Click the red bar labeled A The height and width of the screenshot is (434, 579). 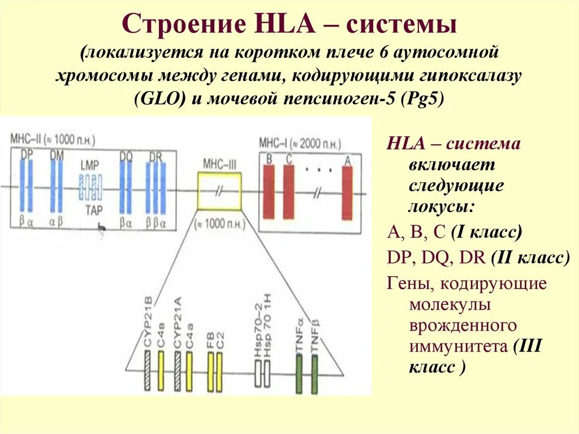[x=347, y=192]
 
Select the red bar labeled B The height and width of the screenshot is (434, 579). [x=269, y=192]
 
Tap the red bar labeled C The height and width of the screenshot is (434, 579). [x=288, y=192]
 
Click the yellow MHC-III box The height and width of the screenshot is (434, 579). [x=219, y=191]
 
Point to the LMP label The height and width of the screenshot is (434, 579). [x=89, y=165]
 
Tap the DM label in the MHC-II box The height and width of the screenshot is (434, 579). [x=57, y=154]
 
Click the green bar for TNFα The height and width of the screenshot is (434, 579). [x=300, y=374]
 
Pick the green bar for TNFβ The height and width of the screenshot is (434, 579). [x=314, y=374]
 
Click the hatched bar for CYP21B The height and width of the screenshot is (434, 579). [x=147, y=371]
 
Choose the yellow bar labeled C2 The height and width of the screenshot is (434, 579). [x=219, y=372]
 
